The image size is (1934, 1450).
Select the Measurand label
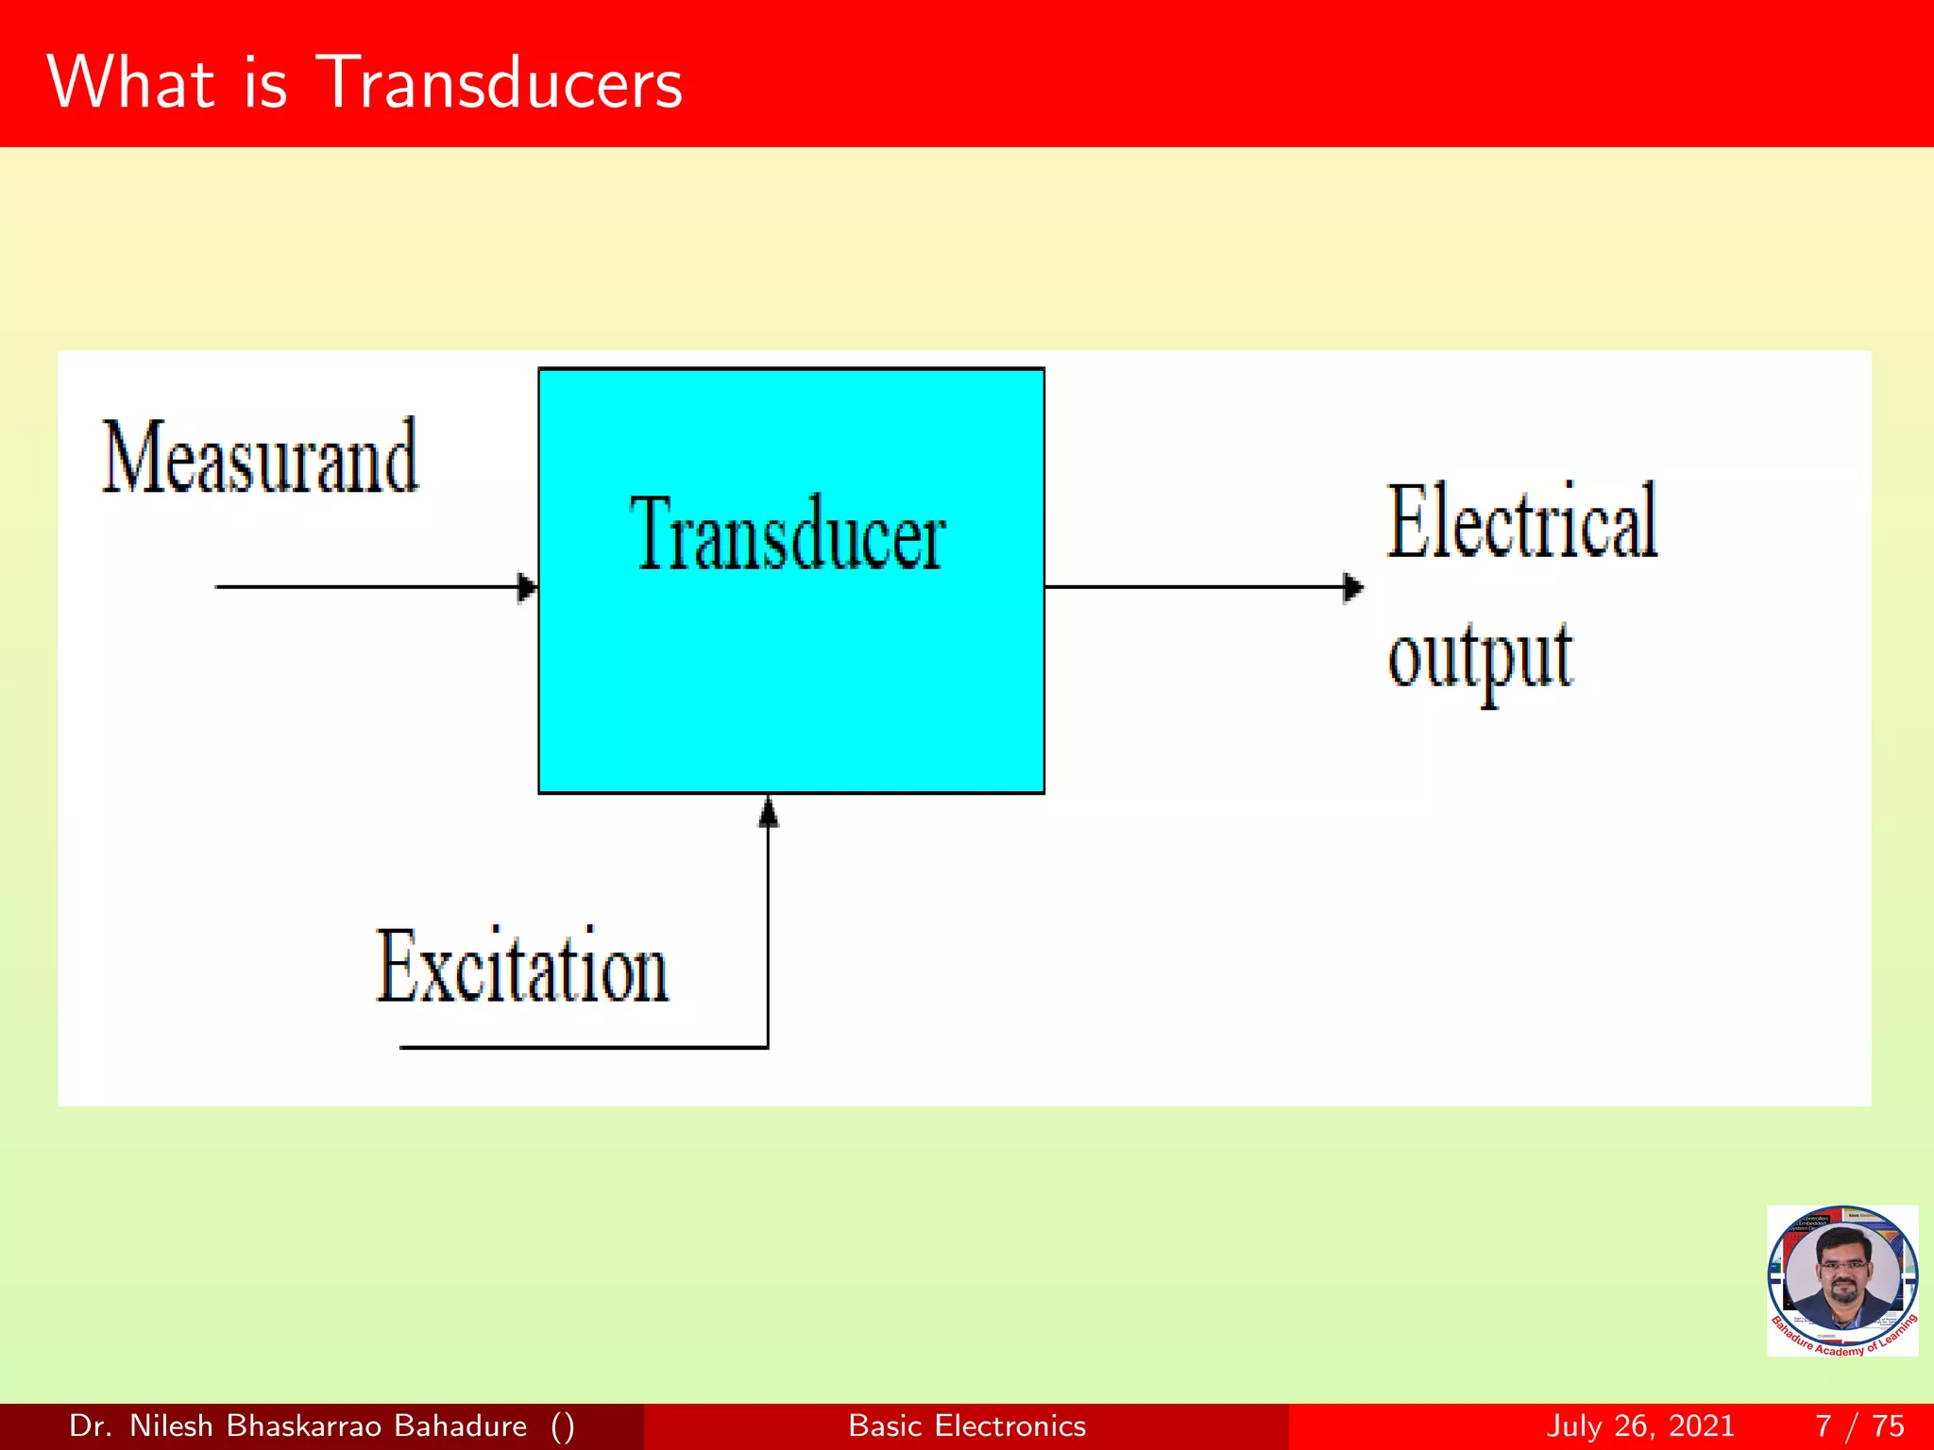point(260,458)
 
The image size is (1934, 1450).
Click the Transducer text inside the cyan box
point(788,535)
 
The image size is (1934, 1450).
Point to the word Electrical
point(1521,522)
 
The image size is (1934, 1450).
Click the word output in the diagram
point(1480,658)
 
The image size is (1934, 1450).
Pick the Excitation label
point(522,968)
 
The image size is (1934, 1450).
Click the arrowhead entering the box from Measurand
point(527,587)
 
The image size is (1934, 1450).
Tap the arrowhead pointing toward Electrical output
point(1352,587)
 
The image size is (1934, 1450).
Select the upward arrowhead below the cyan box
point(769,812)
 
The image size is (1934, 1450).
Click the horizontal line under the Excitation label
point(584,1047)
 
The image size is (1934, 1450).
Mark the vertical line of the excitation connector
point(768,935)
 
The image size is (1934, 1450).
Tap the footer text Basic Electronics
point(967,1425)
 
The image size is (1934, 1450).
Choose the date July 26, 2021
point(1640,1425)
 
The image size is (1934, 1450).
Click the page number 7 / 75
point(1859,1425)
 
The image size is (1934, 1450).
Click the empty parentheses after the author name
point(563,1425)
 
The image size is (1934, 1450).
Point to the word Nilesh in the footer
point(171,1425)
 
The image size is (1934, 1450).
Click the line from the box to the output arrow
point(1195,587)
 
